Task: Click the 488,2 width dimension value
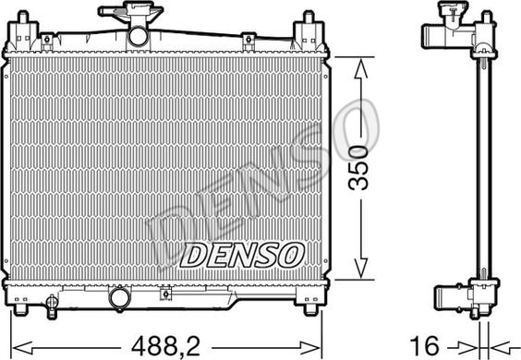point(165,346)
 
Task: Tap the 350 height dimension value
point(358,167)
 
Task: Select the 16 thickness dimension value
point(425,346)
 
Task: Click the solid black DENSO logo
point(242,255)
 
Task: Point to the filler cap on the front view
point(130,11)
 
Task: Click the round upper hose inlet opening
point(138,36)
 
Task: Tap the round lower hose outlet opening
point(120,297)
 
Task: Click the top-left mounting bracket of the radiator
point(22,31)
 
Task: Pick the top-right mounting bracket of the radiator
point(309,31)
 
